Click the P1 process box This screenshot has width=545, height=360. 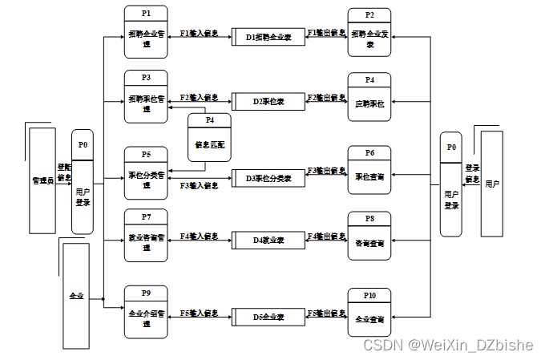tap(145, 31)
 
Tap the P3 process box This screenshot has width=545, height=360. tap(145, 97)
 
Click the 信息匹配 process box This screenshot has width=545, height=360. tap(209, 137)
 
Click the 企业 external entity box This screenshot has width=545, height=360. tap(76, 296)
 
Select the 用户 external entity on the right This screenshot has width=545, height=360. tap(491, 184)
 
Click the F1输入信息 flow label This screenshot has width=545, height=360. tap(199, 34)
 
